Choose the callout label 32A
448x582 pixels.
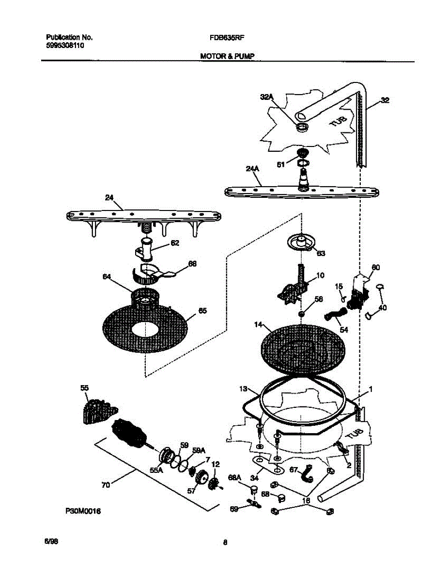click(x=266, y=97)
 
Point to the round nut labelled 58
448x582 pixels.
click(x=301, y=314)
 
